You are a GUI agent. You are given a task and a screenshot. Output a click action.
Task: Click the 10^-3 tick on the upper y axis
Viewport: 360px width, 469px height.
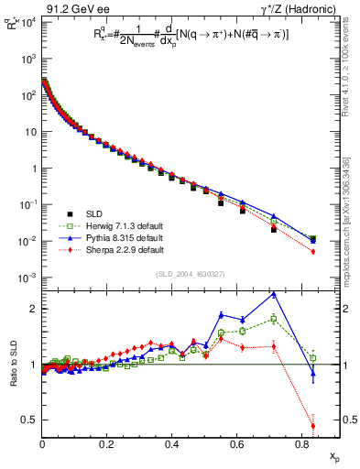coord(29,278)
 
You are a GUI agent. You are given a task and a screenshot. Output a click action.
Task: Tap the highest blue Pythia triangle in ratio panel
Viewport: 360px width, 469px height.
coord(274,294)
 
